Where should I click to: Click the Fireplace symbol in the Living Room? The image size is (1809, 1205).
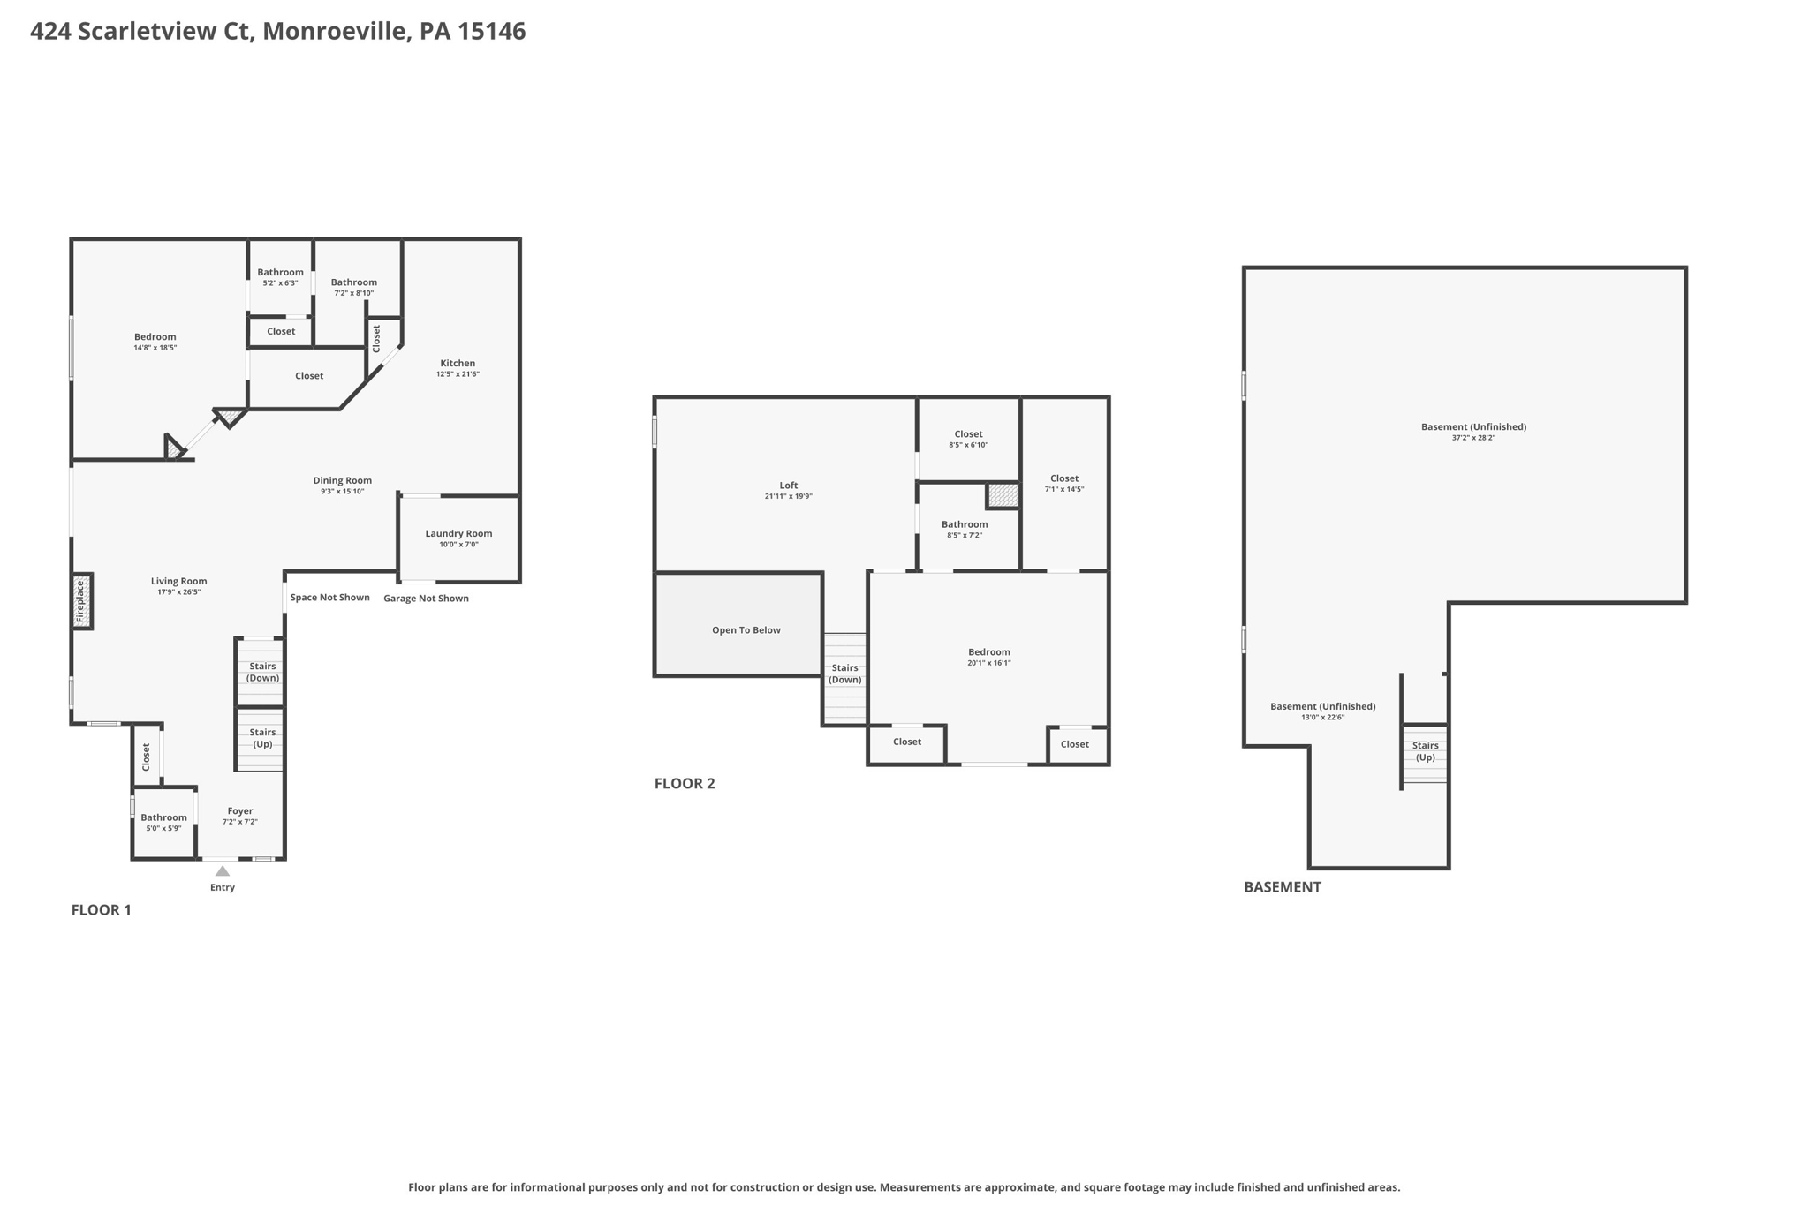(81, 601)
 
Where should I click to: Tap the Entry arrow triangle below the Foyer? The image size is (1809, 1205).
(223, 871)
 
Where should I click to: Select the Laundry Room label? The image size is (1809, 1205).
(458, 533)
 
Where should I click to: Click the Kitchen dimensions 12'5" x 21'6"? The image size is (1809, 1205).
(458, 374)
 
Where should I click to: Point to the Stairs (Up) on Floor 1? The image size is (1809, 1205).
(261, 738)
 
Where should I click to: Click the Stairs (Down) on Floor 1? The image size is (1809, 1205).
(261, 672)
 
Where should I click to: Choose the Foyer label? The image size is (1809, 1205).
(240, 810)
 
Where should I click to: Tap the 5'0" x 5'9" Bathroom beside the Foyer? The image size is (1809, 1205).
(163, 822)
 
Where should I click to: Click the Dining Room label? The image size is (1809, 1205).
(342, 480)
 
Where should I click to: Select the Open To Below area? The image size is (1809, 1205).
(746, 629)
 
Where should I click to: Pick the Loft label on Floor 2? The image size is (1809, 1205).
(788, 485)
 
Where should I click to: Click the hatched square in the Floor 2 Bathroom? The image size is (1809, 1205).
(1003, 495)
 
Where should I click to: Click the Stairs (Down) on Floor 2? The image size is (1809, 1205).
(844, 674)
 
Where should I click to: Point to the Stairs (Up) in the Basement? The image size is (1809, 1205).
(1424, 751)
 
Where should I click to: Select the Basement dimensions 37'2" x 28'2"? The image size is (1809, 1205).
(1472, 438)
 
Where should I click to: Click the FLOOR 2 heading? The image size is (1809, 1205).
(684, 783)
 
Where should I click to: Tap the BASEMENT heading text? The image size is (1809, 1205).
(1282, 887)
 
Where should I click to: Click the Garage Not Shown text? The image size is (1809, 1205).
(426, 599)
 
